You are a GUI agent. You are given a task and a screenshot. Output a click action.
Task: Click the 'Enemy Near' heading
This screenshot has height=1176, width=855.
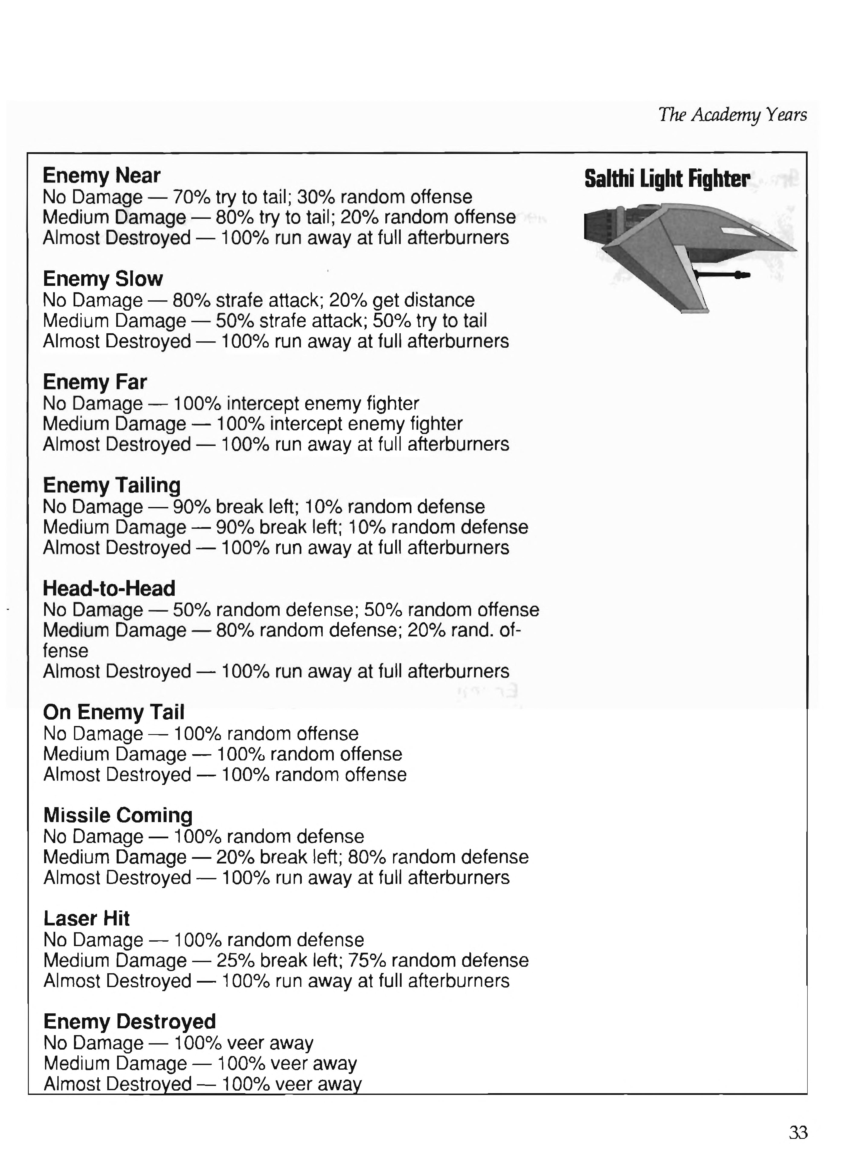[102, 176]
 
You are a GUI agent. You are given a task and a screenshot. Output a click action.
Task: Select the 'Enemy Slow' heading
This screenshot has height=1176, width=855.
[103, 279]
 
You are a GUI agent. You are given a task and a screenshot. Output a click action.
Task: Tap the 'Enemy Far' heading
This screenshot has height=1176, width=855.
[95, 382]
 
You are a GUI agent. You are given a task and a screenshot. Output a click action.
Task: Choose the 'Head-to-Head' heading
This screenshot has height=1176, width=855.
[109, 589]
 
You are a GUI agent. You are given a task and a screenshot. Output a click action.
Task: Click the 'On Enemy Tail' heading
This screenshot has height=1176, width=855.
[113, 712]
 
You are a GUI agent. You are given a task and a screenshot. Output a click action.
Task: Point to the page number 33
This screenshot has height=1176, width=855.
[798, 1133]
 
